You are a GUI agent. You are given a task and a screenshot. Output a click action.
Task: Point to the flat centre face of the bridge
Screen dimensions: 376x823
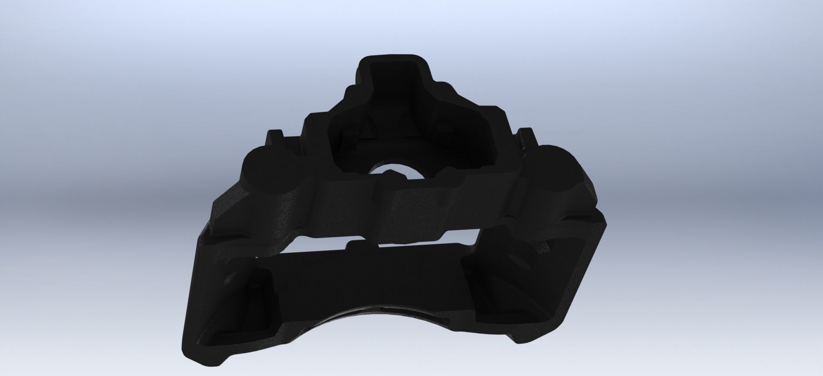pyautogui.click(x=415, y=207)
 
